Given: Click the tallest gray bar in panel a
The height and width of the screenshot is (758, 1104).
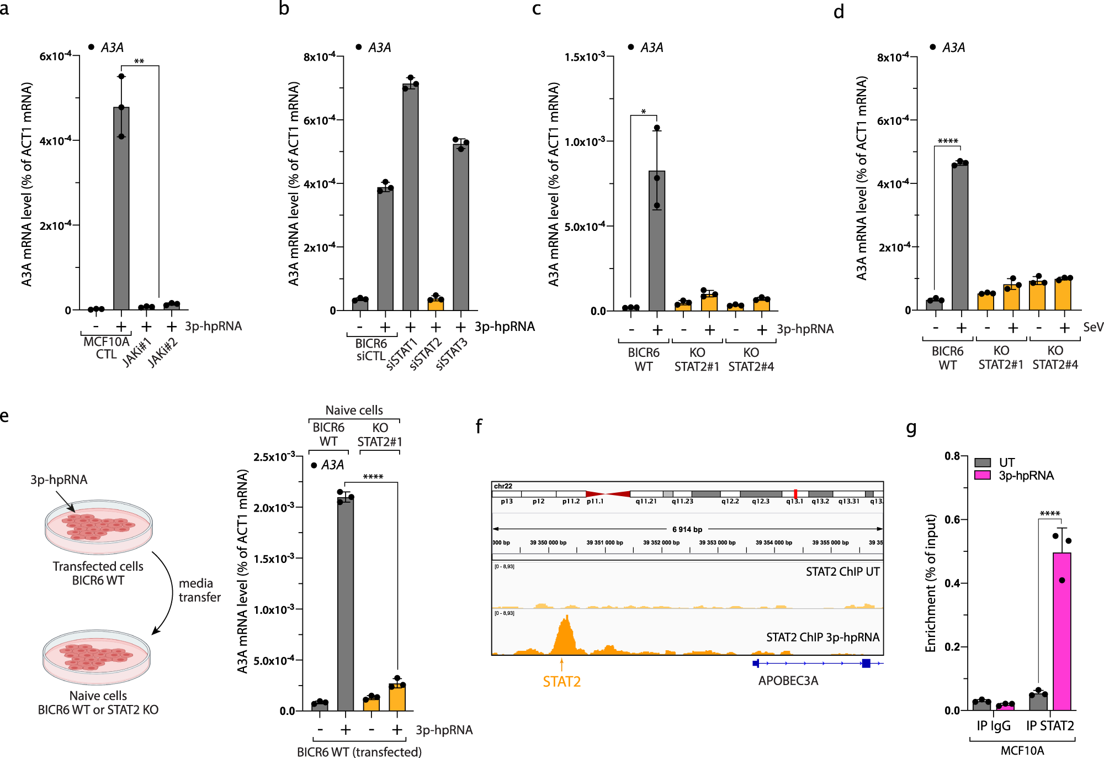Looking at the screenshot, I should [x=121, y=210].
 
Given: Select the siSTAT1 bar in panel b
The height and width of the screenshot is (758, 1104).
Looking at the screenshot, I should [x=410, y=199].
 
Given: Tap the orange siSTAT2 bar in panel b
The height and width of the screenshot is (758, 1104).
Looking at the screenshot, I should [x=436, y=304].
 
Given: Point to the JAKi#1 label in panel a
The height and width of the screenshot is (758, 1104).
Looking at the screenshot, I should [x=137, y=352].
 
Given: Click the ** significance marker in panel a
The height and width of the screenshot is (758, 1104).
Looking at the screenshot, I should [x=140, y=61].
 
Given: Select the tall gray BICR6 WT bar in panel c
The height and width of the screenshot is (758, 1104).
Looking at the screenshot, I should [x=657, y=243].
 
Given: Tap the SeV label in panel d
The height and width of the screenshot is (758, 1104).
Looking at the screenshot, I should [x=1092, y=327].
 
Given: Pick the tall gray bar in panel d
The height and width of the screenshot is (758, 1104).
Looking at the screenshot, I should [x=960, y=238].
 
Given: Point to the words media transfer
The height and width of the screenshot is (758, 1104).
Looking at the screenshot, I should [x=199, y=590].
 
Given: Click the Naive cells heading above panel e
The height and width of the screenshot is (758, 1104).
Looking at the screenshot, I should [x=354, y=410].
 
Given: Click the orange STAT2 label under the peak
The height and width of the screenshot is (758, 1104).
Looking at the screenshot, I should [x=561, y=682].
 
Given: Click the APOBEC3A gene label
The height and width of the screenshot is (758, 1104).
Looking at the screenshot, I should [x=788, y=681].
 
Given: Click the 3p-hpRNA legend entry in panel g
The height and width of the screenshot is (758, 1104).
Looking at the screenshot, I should [x=1026, y=476].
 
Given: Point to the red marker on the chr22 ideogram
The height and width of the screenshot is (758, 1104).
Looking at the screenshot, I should [x=795, y=494].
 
